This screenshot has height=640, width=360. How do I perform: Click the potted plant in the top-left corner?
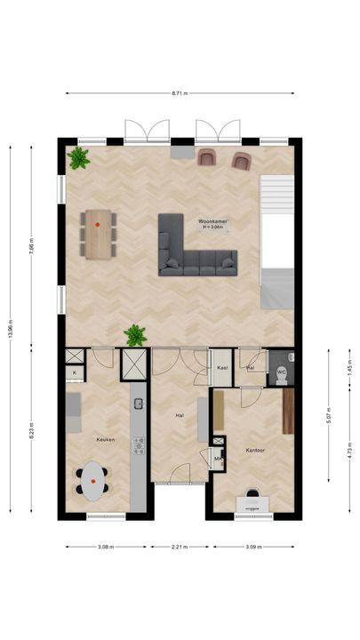pos(79,159)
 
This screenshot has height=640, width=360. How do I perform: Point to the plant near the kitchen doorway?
pos(135,335)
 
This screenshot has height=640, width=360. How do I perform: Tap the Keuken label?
pos(106,439)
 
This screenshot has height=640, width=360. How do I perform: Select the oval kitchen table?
pos(92,483)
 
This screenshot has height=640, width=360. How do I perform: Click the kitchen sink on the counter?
pos(139,404)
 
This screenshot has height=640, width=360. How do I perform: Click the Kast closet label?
pos(221,367)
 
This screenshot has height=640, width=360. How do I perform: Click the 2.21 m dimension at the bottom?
pos(180,548)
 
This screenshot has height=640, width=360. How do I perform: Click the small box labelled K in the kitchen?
pos(75,372)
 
